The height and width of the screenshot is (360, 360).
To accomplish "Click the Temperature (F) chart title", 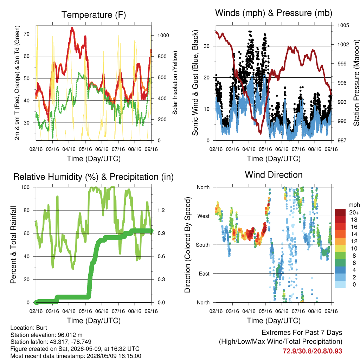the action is [94, 15].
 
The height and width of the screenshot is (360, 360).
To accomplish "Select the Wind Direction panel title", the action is [274, 175].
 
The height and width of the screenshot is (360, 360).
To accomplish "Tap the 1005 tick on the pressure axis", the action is [343, 25].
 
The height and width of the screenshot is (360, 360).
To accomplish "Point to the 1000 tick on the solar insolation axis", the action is [163, 36].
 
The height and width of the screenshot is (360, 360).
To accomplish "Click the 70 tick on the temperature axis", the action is [27, 34].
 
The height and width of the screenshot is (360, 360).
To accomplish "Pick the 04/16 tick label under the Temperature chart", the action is [69, 149].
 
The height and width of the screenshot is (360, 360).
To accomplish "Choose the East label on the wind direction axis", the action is [204, 274].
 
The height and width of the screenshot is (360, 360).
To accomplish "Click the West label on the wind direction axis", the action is [204, 216].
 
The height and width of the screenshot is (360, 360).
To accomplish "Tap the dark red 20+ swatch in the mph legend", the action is [340, 212].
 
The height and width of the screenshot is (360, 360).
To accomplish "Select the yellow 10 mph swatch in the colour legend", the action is [340, 249].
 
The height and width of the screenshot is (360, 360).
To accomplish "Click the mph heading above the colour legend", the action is [354, 205].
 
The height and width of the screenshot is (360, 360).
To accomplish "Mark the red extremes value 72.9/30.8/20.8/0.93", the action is [312, 351].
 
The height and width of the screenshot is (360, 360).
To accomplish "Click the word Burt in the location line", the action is [41, 328].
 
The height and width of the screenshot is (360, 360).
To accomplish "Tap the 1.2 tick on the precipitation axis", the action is [161, 210].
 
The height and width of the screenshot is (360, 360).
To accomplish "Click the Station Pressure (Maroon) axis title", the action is [356, 83].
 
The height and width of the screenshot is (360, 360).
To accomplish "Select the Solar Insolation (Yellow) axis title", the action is [175, 83].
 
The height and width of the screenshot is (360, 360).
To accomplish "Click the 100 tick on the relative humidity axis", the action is [25, 187].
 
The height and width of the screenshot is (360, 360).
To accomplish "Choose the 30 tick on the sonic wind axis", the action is [207, 46].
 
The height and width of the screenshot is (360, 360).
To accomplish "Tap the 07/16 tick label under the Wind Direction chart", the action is [298, 311].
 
